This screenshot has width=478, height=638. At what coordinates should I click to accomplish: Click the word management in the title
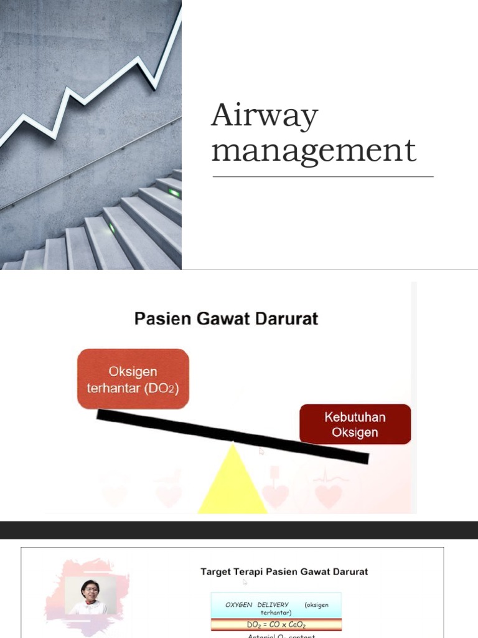pyautogui.click(x=313, y=151)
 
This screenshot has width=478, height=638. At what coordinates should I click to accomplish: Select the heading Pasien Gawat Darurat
pyautogui.click(x=226, y=319)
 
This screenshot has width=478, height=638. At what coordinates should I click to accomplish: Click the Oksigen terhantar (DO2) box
pyautogui.click(x=133, y=379)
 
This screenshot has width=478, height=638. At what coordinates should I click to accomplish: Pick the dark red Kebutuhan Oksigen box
pyautogui.click(x=355, y=424)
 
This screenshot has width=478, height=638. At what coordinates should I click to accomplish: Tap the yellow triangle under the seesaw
pyautogui.click(x=232, y=483)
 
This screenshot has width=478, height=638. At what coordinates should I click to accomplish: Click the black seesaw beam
pyautogui.click(x=232, y=436)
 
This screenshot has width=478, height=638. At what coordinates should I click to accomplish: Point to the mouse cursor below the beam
pyautogui.click(x=261, y=450)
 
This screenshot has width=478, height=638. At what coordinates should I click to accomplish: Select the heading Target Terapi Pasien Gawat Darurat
pyautogui.click(x=284, y=571)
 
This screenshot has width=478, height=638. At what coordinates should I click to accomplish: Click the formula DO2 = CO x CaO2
pyautogui.click(x=276, y=624)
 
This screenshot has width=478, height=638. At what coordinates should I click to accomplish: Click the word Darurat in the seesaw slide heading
pyautogui.click(x=288, y=319)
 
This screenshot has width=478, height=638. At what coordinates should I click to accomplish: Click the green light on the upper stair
pyautogui.click(x=174, y=193)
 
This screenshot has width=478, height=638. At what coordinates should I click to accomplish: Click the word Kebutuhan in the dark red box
pyautogui.click(x=355, y=417)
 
